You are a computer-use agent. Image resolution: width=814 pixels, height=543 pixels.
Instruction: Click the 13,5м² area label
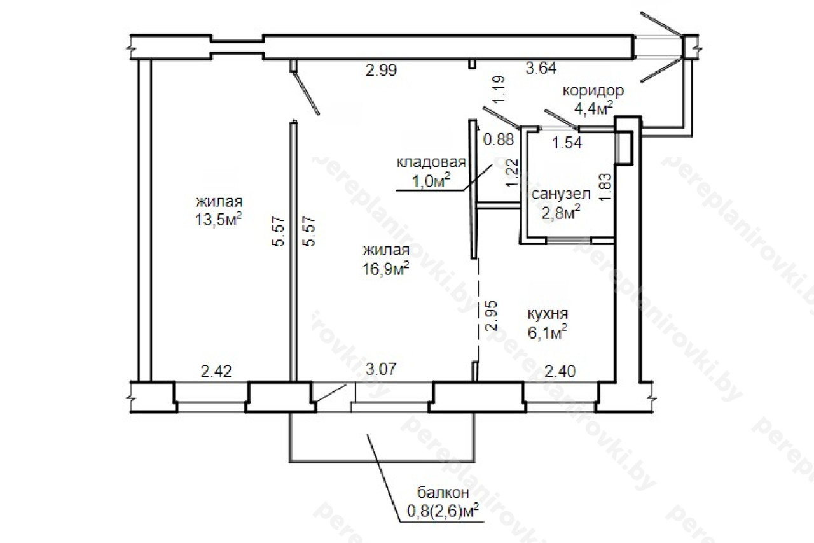click(x=218, y=220)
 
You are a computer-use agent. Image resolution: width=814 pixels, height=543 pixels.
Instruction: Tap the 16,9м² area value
click(x=386, y=269)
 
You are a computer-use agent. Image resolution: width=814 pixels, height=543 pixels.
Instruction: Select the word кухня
click(x=548, y=313)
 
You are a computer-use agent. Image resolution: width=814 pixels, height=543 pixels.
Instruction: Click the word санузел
click(x=561, y=194)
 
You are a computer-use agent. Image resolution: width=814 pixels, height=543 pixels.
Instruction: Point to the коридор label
click(x=593, y=90)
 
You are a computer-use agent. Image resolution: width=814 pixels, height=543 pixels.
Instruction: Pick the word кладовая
click(x=431, y=162)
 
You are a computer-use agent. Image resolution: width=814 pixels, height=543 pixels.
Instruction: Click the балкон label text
click(x=443, y=493)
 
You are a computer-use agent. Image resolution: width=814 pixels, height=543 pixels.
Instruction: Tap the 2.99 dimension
click(x=381, y=70)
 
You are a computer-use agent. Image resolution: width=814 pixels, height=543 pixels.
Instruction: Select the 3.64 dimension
click(x=541, y=68)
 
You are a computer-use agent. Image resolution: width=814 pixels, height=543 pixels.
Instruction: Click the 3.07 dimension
click(x=381, y=369)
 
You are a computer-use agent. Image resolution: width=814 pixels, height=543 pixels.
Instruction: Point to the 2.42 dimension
click(x=216, y=371)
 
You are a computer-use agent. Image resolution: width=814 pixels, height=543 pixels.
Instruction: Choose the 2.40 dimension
click(x=560, y=371)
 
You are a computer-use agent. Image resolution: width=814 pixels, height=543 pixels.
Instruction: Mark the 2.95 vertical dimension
click(x=490, y=315)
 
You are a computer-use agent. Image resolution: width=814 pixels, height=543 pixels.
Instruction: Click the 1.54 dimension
click(x=567, y=143)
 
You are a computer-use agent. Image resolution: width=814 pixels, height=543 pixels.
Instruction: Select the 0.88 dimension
click(x=499, y=139)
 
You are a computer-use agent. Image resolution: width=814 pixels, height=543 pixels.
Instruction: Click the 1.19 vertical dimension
click(x=499, y=90)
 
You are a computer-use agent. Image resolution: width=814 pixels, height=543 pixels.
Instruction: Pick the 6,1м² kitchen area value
click(x=548, y=332)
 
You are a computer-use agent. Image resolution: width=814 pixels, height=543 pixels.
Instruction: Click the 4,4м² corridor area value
click(x=593, y=108)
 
